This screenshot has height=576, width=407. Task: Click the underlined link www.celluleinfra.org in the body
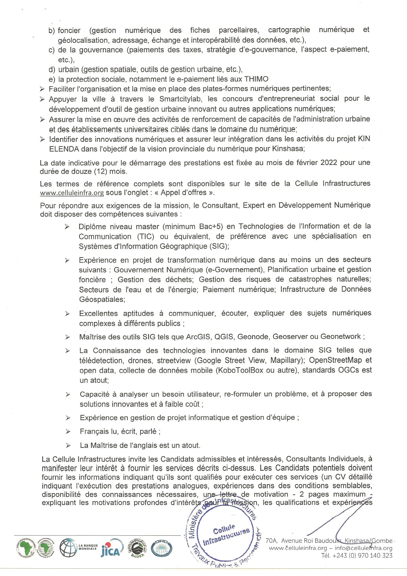(72, 193)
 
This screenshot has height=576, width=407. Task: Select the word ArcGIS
(198, 337)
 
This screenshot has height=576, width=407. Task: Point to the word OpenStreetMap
(335, 360)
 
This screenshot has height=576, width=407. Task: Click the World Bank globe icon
(68, 547)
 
